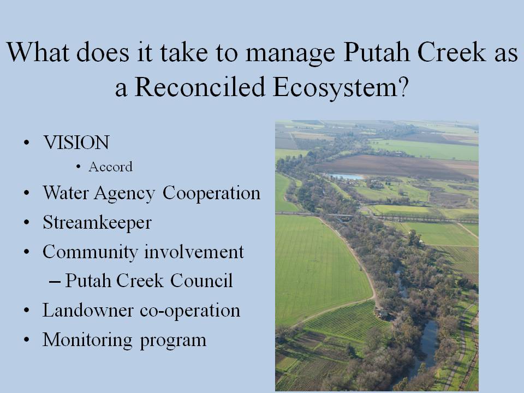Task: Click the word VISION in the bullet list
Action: (x=76, y=142)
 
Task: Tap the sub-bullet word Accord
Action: (x=111, y=166)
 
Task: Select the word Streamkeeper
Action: (x=97, y=223)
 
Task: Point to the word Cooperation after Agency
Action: (x=212, y=193)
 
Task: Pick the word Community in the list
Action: (x=90, y=253)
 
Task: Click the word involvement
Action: (x=194, y=252)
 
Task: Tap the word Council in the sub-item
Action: (x=201, y=280)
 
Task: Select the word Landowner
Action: (x=88, y=311)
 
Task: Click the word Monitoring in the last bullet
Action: (x=87, y=341)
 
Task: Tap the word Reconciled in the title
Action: (x=200, y=87)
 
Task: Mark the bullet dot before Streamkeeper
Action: (x=27, y=223)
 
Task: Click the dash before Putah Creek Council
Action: (x=55, y=282)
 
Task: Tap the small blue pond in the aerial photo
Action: (x=344, y=176)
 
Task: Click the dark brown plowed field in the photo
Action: (x=391, y=166)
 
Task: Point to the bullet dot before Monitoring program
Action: (x=27, y=340)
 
